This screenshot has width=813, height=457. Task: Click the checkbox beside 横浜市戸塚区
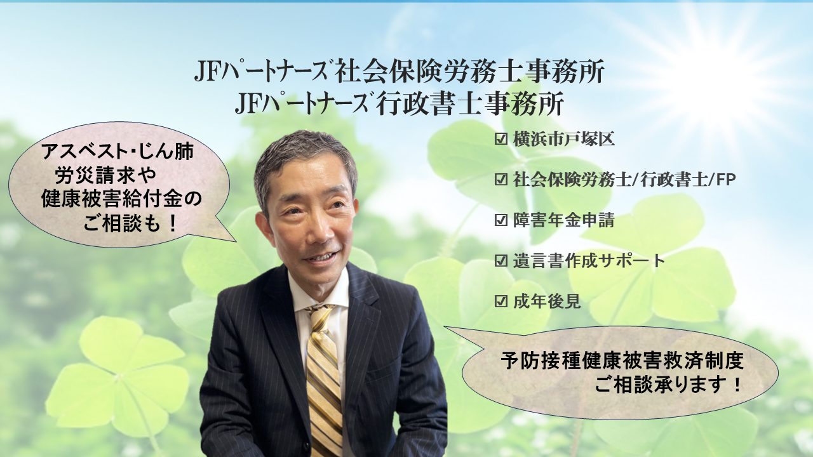point(501,139)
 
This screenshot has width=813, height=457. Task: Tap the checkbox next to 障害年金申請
point(501,220)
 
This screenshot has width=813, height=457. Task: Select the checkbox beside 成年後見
point(501,301)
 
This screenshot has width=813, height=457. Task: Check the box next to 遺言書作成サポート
point(501,261)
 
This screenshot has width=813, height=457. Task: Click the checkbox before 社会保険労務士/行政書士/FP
point(501,180)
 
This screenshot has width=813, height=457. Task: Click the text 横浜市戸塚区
point(563,139)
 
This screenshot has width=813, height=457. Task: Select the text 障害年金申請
point(563,220)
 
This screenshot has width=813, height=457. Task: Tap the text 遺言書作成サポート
point(589,261)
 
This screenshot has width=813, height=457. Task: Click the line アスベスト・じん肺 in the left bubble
point(118,152)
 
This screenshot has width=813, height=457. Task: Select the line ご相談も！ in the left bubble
point(131,224)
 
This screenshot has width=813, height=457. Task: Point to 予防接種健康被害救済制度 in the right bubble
point(622,361)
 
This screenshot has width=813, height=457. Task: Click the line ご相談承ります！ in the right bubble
point(668,385)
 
